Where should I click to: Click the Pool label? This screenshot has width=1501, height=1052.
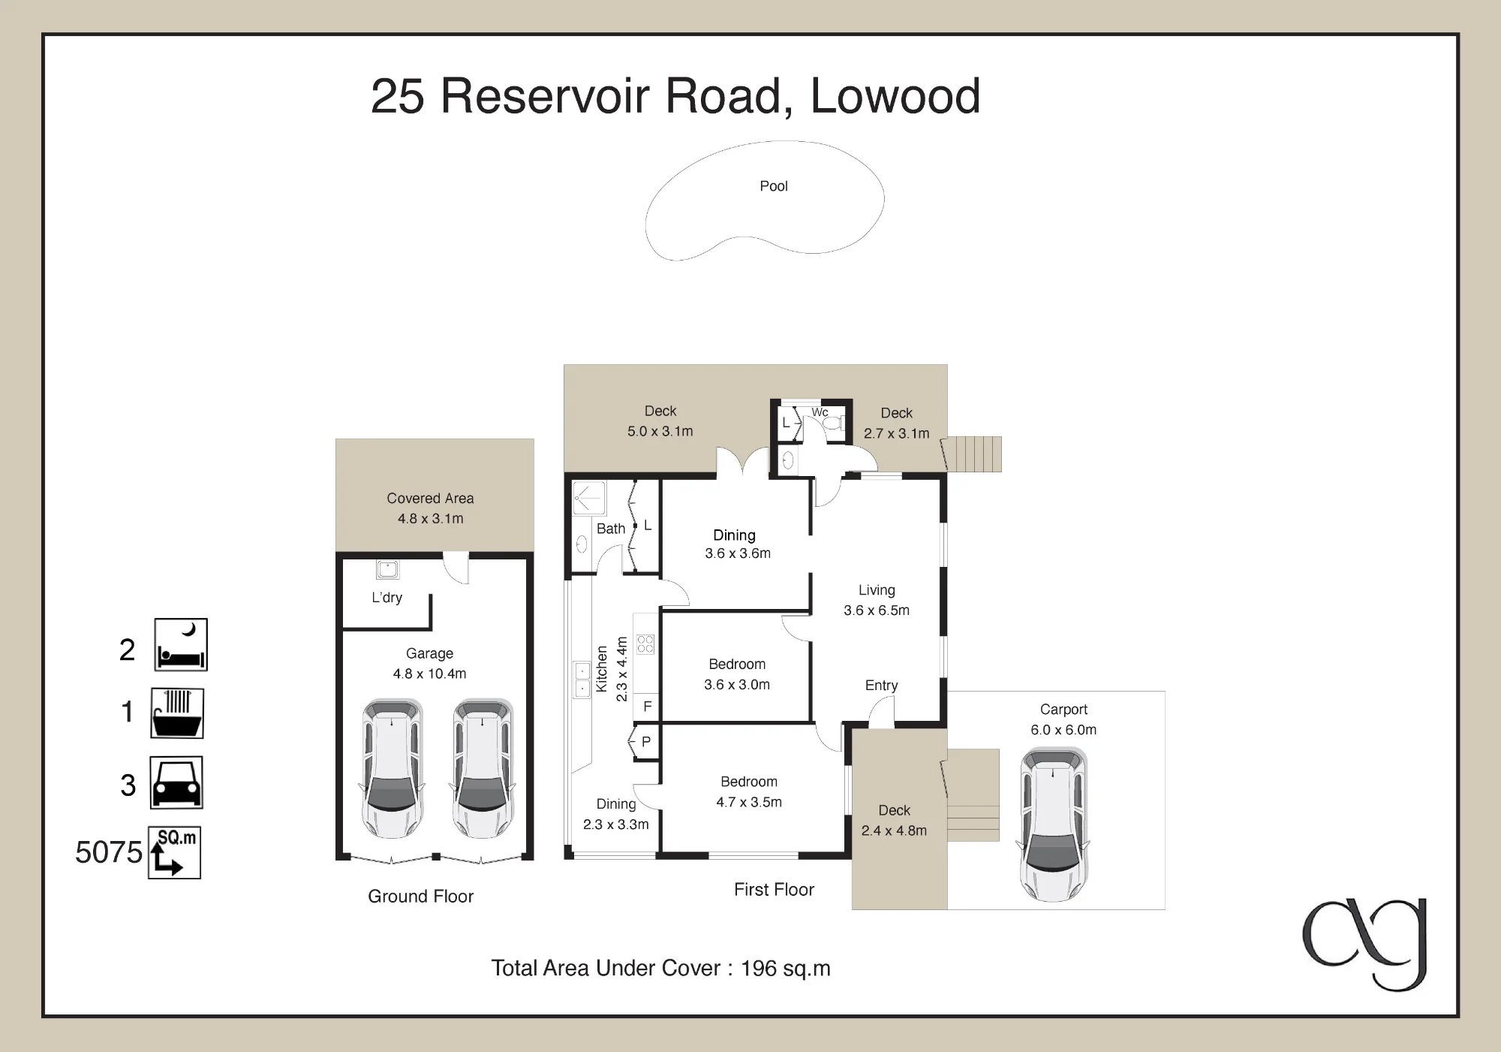tap(774, 186)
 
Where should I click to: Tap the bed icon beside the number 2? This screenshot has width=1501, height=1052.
tap(181, 645)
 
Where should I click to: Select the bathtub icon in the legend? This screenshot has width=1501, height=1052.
tap(178, 713)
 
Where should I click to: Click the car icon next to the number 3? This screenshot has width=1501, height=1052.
tap(177, 782)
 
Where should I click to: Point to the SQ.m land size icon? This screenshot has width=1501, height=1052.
tap(175, 852)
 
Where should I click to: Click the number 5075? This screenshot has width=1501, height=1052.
tap(109, 852)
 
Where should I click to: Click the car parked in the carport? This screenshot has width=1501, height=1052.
tap(1054, 824)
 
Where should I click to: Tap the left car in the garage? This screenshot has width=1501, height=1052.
tap(393, 769)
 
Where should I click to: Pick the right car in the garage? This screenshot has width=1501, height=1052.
tap(482, 769)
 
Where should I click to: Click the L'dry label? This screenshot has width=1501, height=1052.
tap(387, 598)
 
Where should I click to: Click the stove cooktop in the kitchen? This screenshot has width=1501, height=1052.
tap(645, 644)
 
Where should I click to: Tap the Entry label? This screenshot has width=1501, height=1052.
tap(881, 686)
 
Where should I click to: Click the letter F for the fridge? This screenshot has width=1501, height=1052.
tap(648, 707)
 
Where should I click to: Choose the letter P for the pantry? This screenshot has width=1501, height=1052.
tap(646, 742)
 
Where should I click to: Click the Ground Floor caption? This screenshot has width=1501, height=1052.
tap(420, 897)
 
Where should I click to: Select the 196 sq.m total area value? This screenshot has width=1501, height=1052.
tap(786, 969)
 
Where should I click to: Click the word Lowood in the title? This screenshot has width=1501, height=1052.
tap(895, 96)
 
